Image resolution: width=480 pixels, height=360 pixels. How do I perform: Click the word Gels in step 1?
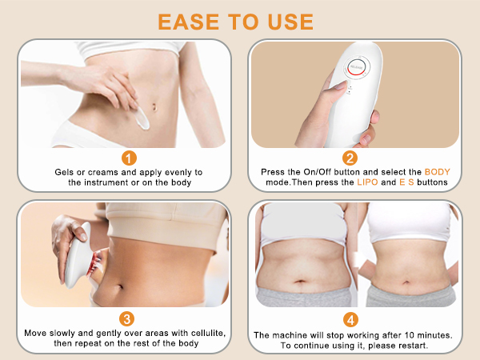(66, 172)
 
